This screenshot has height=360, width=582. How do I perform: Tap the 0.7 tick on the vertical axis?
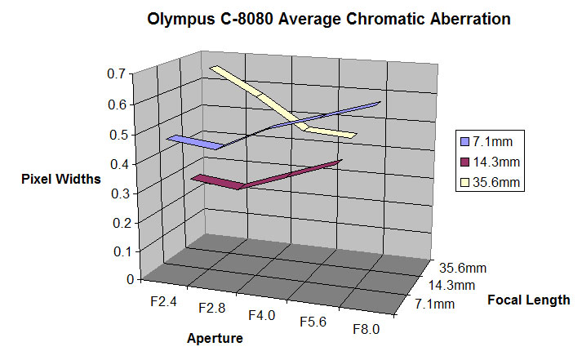[115, 74]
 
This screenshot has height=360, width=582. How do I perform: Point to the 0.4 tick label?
[115, 163]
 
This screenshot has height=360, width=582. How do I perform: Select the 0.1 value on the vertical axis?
[115, 251]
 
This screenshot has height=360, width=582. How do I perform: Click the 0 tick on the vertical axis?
[120, 279]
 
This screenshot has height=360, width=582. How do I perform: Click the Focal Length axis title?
[528, 300]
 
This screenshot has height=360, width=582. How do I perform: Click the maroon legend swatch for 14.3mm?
[465, 161]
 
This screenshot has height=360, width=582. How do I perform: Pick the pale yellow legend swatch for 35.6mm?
[465, 181]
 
